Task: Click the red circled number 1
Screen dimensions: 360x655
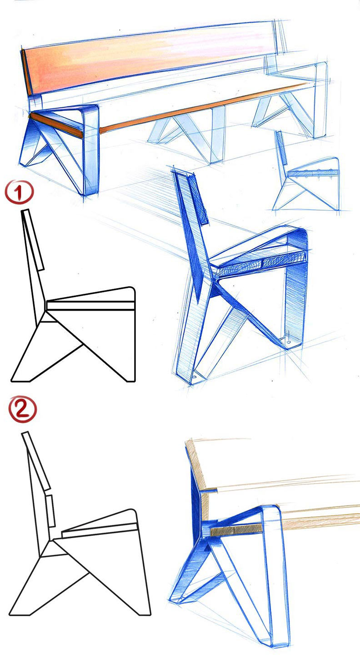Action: click(19, 192)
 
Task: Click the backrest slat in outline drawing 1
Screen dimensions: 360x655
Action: click(32, 239)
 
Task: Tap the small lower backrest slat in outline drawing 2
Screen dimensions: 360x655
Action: click(50, 510)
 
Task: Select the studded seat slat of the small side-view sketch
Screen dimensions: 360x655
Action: click(313, 173)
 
